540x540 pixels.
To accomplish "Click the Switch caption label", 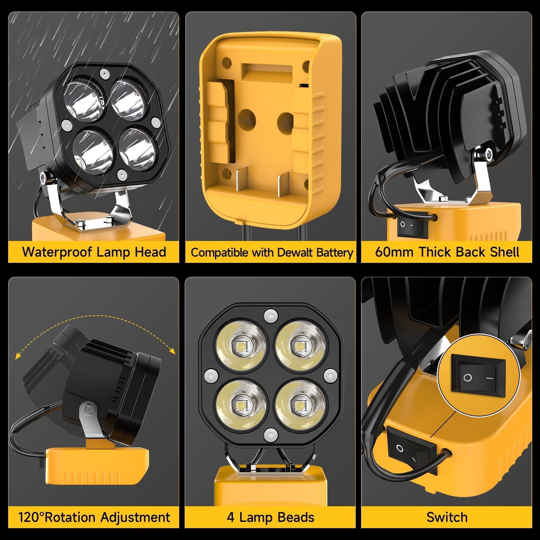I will (447, 517).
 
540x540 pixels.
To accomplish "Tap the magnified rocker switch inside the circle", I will (479, 377).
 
